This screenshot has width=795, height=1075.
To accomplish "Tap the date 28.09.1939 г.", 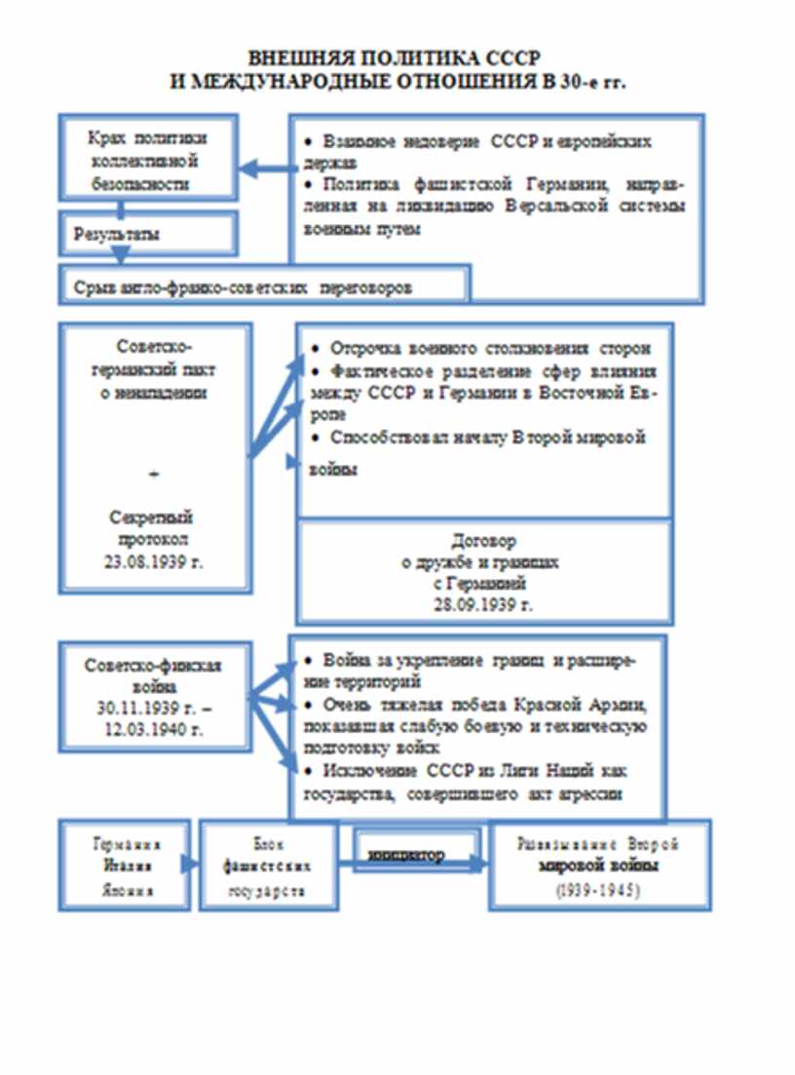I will (x=484, y=604).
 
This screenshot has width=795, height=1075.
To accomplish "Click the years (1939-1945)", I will (x=598, y=891).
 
